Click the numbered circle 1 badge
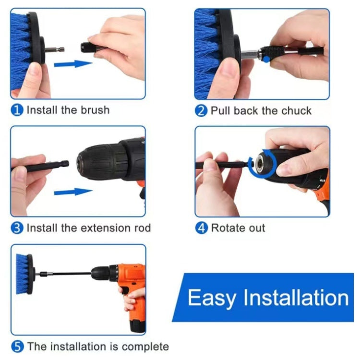[x=17, y=110]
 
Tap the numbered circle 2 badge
[x=201, y=111]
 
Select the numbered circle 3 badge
[x=17, y=228]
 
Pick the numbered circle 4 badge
[x=201, y=228]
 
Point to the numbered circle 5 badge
[x=17, y=346]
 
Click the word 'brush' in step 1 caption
[x=94, y=110]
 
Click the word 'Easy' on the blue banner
[x=211, y=298]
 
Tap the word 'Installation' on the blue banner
[x=296, y=298]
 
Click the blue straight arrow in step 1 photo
[x=72, y=63]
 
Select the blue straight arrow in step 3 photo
[x=72, y=192]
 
